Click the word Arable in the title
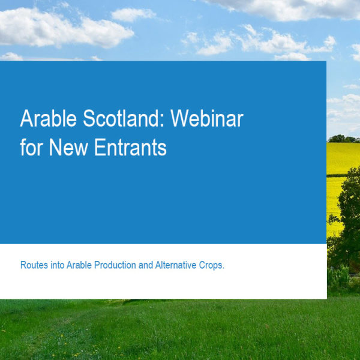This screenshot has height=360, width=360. [x=48, y=118]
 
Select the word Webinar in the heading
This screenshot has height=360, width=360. [x=207, y=118]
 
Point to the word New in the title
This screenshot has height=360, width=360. [x=68, y=147]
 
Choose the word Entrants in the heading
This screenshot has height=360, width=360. [x=130, y=147]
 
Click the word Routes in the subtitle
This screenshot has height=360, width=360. [x=34, y=265]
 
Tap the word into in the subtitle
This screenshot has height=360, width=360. [x=58, y=265]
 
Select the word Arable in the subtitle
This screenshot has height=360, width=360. [x=79, y=265]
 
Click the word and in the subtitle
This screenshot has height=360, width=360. [x=146, y=265]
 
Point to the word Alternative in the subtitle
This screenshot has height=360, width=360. [x=176, y=265]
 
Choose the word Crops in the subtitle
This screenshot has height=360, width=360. [x=211, y=265]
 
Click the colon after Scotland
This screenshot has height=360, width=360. [x=163, y=121]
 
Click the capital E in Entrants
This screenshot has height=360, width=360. [x=100, y=147]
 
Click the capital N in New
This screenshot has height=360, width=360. [x=55, y=147]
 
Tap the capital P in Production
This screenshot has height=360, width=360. [x=97, y=265]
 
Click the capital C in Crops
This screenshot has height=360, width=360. [x=202, y=265]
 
